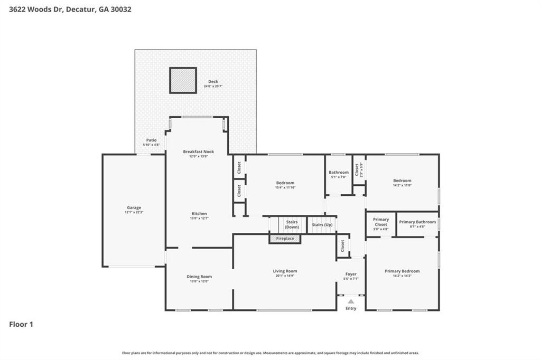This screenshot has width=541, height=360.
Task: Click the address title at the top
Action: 66,9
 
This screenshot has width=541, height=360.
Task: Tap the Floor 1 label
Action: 21,324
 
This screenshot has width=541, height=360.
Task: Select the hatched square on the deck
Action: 183,80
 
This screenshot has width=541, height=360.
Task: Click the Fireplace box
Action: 285,239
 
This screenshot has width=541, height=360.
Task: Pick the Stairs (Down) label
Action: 292,224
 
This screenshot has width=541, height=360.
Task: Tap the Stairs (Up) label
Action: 322,224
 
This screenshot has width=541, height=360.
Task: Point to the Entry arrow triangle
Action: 351,301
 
